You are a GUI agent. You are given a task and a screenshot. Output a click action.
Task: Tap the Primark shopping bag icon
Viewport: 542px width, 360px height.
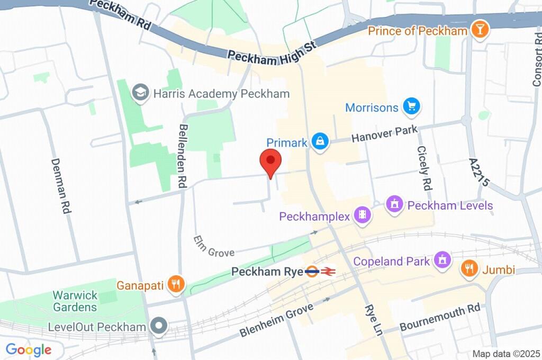320,142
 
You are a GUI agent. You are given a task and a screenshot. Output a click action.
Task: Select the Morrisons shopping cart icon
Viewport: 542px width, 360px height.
411,107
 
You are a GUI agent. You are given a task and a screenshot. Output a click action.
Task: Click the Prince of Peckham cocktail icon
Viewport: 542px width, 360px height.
480,31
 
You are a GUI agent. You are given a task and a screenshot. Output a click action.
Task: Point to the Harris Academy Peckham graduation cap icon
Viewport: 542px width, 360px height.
141,94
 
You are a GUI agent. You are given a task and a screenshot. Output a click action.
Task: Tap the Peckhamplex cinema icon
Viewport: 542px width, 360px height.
363,216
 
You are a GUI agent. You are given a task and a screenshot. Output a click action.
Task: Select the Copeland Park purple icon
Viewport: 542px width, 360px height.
441,261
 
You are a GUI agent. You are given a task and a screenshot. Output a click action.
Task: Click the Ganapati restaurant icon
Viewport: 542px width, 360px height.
176,284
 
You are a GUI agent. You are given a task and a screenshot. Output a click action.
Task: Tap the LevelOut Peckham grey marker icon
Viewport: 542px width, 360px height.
158,327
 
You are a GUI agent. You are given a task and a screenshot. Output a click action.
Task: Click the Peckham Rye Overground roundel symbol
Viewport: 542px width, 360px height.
312,272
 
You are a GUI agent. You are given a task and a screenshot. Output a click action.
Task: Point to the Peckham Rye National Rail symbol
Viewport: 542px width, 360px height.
328,272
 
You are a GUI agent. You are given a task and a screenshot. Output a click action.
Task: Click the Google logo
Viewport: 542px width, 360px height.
28,349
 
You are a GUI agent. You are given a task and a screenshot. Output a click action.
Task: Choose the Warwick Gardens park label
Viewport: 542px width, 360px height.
75,301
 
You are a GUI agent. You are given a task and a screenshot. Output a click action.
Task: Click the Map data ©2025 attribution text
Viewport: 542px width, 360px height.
506,354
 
